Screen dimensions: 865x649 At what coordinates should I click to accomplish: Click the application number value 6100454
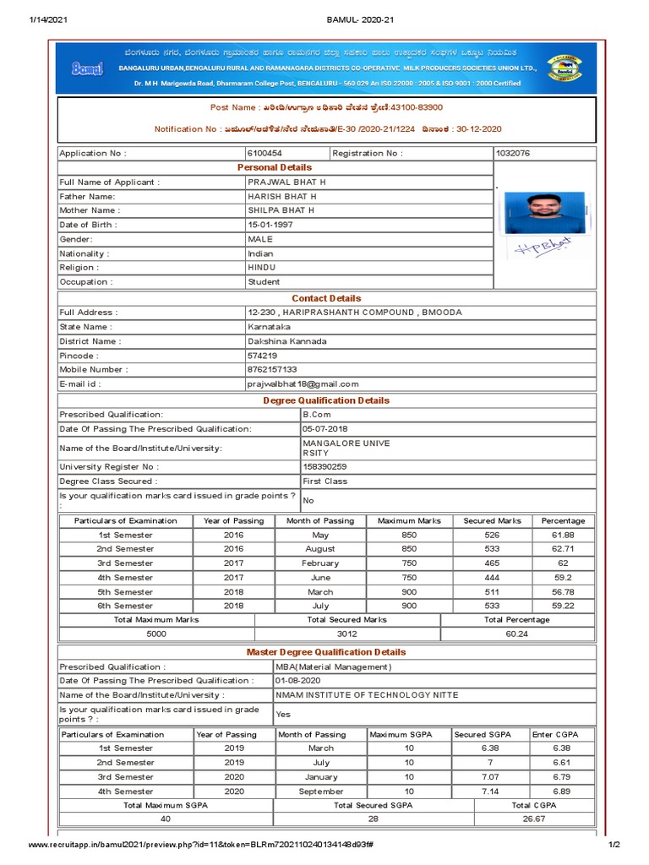[265, 154]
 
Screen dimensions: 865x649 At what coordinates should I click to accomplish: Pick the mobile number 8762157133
[272, 369]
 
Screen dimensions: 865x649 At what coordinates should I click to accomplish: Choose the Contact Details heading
[326, 298]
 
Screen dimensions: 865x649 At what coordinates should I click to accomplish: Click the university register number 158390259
[324, 466]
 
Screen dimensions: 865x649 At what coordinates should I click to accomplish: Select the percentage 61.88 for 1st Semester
[563, 535]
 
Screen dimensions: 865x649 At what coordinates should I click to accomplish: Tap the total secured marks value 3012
[347, 634]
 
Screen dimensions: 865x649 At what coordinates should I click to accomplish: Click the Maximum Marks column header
[409, 520]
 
